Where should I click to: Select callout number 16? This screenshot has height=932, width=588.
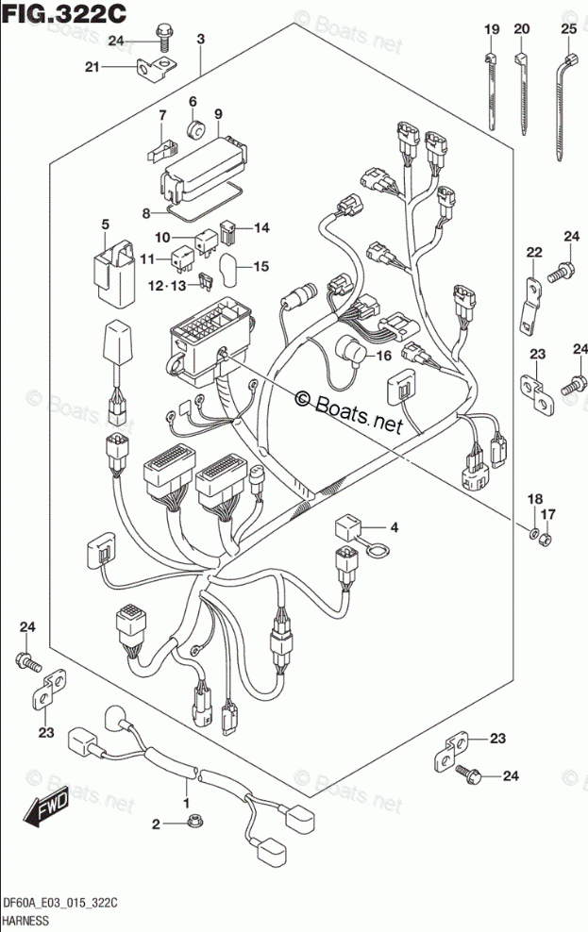(x=382, y=356)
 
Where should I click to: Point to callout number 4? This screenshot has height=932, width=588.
(x=395, y=527)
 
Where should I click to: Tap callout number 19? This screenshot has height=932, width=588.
(x=490, y=31)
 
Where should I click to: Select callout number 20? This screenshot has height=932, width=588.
(x=521, y=31)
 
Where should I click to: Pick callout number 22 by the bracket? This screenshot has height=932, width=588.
(x=534, y=252)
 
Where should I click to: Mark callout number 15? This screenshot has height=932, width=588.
(x=261, y=266)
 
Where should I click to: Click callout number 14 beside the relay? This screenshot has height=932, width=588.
(x=261, y=227)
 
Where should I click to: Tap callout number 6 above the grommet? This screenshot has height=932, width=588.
(x=192, y=102)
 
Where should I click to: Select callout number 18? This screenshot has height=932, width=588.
(x=534, y=499)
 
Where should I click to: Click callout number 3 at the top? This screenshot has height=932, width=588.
(x=201, y=39)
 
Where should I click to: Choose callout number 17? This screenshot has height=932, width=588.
(x=550, y=514)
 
